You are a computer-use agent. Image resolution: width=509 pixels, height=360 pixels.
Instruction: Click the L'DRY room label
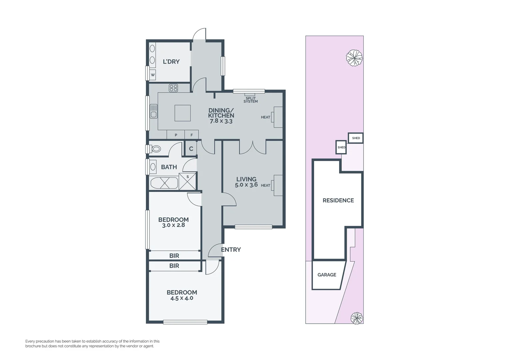(x=171, y=62)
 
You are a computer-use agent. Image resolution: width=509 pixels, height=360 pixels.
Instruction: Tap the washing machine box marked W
(x=153, y=75)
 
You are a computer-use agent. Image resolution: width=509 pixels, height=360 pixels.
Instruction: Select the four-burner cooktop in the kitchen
(x=173, y=88)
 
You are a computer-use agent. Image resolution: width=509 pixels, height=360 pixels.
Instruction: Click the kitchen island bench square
(x=183, y=113)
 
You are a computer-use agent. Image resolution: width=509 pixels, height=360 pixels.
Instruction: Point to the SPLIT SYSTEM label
(x=251, y=100)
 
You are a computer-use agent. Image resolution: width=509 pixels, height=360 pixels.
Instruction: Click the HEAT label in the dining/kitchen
(x=265, y=117)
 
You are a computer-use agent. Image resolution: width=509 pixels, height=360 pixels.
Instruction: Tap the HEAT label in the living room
(x=265, y=185)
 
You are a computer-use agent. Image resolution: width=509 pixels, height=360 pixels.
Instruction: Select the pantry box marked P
(x=176, y=135)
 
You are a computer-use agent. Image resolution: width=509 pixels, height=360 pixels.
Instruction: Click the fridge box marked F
(x=192, y=135)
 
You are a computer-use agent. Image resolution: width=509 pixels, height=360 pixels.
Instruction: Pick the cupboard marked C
(x=191, y=149)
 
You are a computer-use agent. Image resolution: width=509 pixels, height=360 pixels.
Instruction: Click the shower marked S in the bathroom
(x=187, y=181)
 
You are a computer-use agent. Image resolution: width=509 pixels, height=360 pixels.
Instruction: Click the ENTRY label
(x=231, y=250)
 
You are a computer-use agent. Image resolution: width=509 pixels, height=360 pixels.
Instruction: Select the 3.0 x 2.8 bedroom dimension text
(x=173, y=225)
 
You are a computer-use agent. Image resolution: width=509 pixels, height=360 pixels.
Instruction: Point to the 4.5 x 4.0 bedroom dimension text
(x=182, y=298)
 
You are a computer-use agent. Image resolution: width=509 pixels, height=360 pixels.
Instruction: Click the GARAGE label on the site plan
(x=326, y=275)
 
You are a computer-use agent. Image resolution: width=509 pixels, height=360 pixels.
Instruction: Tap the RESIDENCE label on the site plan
(x=338, y=200)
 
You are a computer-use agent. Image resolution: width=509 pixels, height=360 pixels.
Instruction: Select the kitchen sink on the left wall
(x=153, y=111)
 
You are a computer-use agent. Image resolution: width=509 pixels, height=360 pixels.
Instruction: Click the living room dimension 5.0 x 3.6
(x=246, y=185)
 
